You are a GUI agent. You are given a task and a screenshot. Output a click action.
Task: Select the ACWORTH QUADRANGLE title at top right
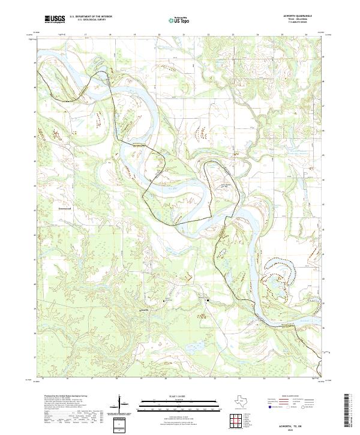304,17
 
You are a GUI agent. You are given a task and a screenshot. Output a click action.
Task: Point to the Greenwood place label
65,209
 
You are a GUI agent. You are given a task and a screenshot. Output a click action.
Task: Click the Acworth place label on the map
144,310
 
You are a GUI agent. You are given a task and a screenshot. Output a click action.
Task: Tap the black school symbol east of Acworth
208,299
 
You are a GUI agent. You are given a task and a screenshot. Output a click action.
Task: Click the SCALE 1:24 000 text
179,395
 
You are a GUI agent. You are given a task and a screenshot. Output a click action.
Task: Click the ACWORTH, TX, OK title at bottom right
307,424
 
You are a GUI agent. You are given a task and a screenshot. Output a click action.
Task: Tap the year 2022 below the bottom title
307,428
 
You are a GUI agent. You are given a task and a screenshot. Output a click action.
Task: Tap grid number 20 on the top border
159,35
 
